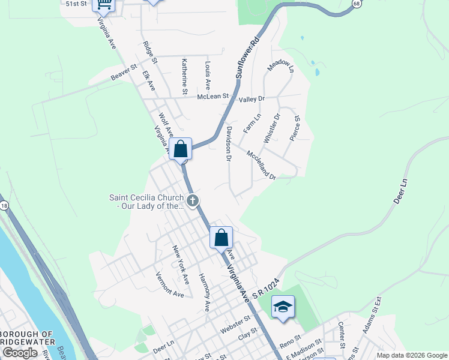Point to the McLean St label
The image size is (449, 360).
click(213, 96)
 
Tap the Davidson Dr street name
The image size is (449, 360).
click(229, 143)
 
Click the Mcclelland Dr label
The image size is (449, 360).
click(261, 164)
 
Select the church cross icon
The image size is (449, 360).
click(192, 201)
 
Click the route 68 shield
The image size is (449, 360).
click(357, 3)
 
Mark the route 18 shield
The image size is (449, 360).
click(5, 206)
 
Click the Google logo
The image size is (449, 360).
click(20, 353)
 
